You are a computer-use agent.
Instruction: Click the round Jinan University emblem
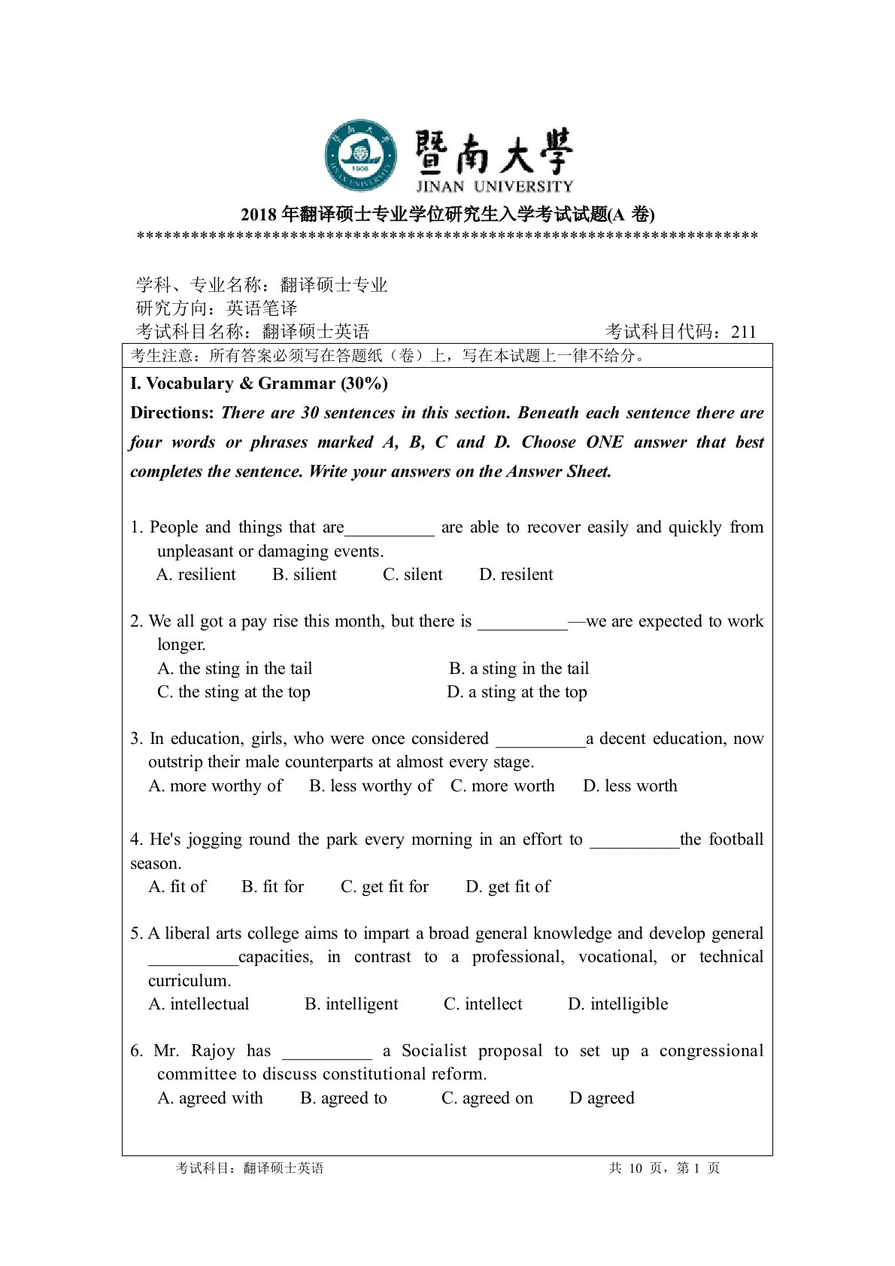point(361,156)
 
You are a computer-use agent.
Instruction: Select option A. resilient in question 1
point(196,575)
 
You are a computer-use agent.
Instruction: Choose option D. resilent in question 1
point(516,575)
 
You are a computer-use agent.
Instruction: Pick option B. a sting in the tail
point(519,669)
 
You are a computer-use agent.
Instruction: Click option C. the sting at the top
point(234,692)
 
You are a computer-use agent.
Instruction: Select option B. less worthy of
point(371,786)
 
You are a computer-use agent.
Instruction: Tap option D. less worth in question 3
point(630,786)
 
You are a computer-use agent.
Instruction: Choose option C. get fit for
point(384,887)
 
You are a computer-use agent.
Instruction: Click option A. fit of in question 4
point(177,887)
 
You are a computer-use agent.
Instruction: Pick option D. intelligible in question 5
point(617,1004)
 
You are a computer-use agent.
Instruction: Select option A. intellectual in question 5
point(199,1004)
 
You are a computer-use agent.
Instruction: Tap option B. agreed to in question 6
point(344,1098)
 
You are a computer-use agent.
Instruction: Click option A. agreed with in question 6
point(211,1098)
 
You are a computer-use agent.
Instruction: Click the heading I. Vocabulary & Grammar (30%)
point(259,384)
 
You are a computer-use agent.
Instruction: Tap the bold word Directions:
point(172,413)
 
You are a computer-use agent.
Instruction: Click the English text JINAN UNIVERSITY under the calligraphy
point(494,187)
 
